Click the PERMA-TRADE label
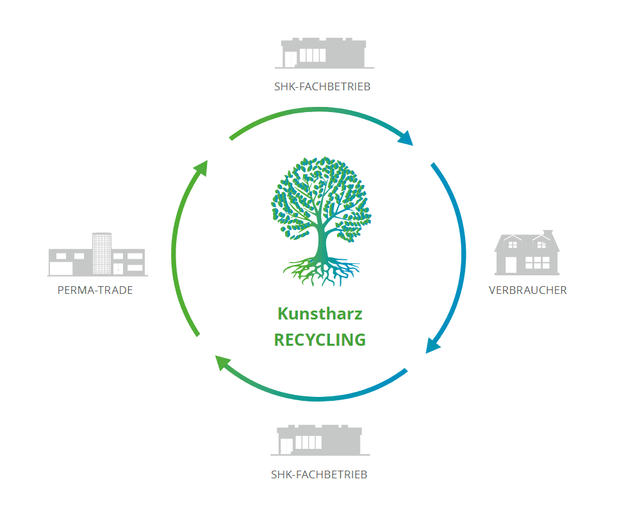point(95,290)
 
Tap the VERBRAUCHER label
point(528,290)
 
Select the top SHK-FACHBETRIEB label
point(322,86)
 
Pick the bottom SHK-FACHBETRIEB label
point(319,474)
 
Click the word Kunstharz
point(320,314)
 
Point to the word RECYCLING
point(320,339)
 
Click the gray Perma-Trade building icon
point(97,254)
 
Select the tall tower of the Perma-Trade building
point(101,254)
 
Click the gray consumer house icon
point(527,252)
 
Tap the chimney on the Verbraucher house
point(548,233)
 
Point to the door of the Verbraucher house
point(511,264)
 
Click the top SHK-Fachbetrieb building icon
point(324,53)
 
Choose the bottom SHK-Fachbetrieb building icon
point(320,441)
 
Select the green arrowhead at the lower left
point(223,362)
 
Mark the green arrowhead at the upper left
point(201,168)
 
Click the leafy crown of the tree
point(322,198)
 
